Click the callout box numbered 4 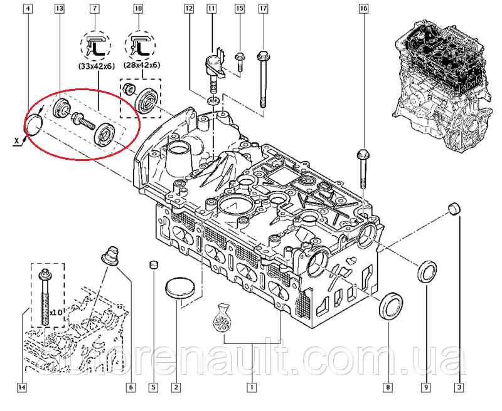[x=28, y=8]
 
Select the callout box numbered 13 [x=59, y=8]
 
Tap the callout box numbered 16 [x=363, y=9]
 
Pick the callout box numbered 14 [x=22, y=388]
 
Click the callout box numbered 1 [x=252, y=388]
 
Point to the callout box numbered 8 [x=387, y=388]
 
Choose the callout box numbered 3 [x=459, y=388]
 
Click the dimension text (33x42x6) [x=97, y=67]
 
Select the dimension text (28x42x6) [x=142, y=65]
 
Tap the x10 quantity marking [x=55, y=312]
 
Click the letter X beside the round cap [x=17, y=140]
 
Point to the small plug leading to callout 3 [x=454, y=209]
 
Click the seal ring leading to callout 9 [x=427, y=272]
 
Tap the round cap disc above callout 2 [x=180, y=289]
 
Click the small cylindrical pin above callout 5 [x=154, y=265]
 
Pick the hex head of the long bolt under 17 [x=262, y=56]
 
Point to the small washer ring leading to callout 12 [x=212, y=101]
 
